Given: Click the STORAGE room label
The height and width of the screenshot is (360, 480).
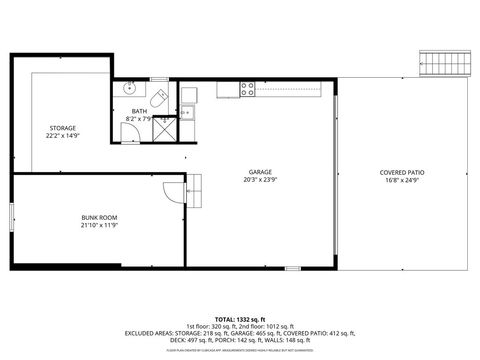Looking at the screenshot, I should pyautogui.click(x=64, y=128).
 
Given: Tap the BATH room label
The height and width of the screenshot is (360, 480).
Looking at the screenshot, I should pyautogui.click(x=139, y=112).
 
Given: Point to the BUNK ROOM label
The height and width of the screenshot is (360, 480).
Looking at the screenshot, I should pyautogui.click(x=99, y=217).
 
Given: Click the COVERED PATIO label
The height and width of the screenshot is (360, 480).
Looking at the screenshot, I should pyautogui.click(x=402, y=172).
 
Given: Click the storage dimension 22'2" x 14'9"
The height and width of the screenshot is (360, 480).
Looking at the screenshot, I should pyautogui.click(x=64, y=136).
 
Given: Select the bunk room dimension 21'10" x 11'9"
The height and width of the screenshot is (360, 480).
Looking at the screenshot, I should pyautogui.click(x=99, y=225).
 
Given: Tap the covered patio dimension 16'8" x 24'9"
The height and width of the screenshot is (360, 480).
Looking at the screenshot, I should pyautogui.click(x=402, y=181).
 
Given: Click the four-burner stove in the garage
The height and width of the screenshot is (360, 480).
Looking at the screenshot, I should pyautogui.click(x=248, y=89).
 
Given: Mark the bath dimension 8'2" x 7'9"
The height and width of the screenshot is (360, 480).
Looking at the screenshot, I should pyautogui.click(x=139, y=120).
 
